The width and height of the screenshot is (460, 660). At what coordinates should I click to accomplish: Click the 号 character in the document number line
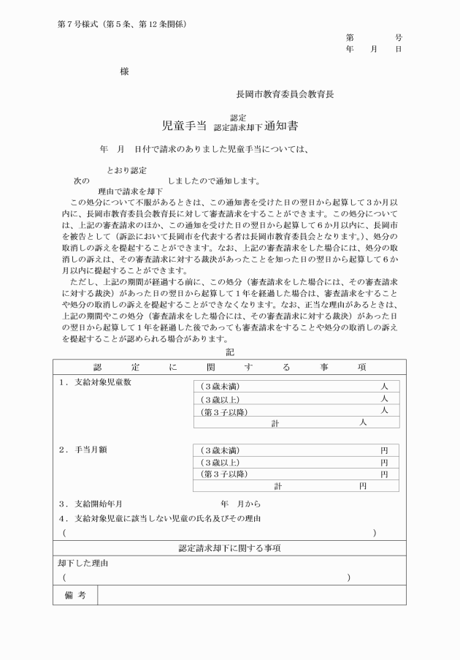pyautogui.click(x=399, y=37)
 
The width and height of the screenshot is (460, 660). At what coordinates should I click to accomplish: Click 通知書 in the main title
pyautogui.click(x=282, y=126)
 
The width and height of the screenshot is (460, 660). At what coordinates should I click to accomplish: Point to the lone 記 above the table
pyautogui.click(x=230, y=352)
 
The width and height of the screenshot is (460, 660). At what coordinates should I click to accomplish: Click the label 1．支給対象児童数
pyautogui.click(x=98, y=382)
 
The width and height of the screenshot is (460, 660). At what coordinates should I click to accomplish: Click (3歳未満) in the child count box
pyautogui.click(x=220, y=386)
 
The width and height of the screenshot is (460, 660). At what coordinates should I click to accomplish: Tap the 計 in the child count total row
pyautogui.click(x=275, y=423)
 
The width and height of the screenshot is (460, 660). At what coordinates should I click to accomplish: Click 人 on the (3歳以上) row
pyautogui.click(x=384, y=398)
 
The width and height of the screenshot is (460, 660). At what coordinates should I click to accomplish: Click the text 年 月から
pyautogui.click(x=240, y=504)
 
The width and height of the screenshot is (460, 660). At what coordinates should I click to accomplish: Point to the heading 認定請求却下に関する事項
pyautogui.click(x=230, y=548)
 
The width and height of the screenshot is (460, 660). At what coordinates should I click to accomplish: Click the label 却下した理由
pyautogui.click(x=83, y=564)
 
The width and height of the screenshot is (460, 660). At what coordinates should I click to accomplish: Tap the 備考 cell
pyautogui.click(x=75, y=596)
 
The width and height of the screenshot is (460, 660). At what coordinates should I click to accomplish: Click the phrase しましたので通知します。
pyautogui.click(x=213, y=181)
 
